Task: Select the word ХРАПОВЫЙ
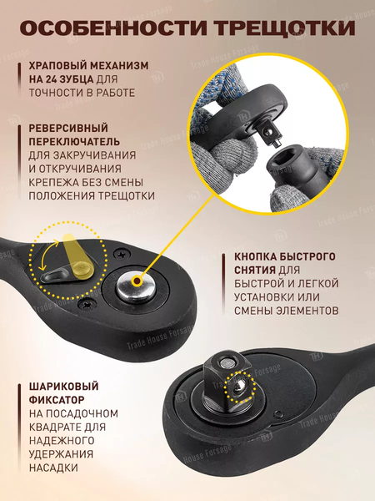coord(58,65)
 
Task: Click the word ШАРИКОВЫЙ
coord(63,387)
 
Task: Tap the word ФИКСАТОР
coord(57,400)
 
